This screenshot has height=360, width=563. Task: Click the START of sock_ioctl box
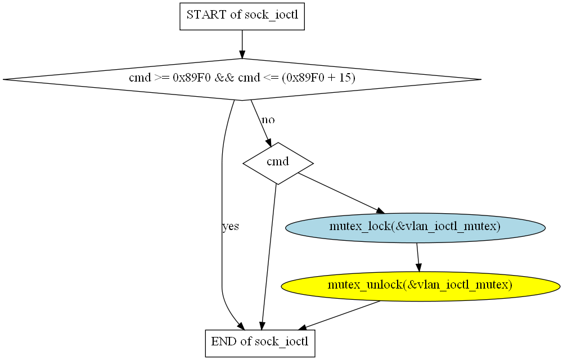pyautogui.click(x=242, y=16)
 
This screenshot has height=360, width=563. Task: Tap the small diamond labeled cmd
pyautogui.click(x=278, y=163)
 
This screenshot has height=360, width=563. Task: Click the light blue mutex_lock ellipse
pyautogui.click(x=415, y=227)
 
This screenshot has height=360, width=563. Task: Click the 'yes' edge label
pyautogui.click(x=230, y=227)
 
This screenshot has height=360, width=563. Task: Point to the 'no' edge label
pyautogui.click(x=268, y=120)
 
